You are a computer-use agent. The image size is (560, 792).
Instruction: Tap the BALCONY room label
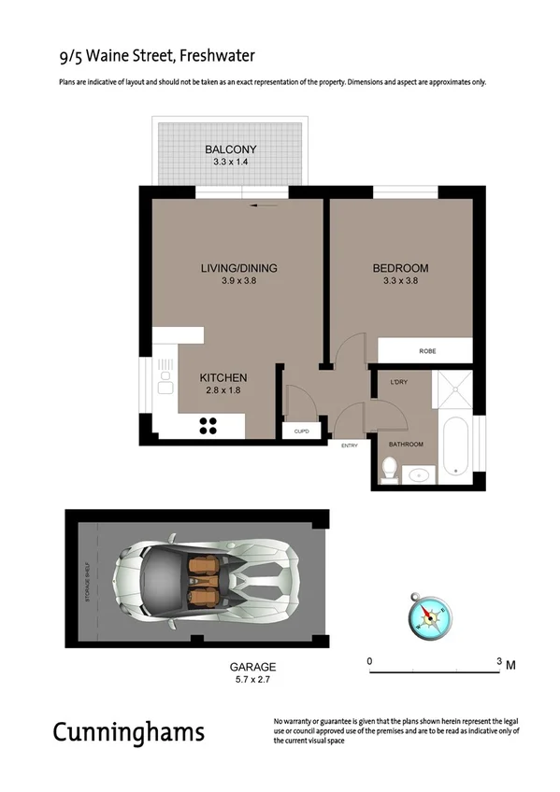[x=230, y=149]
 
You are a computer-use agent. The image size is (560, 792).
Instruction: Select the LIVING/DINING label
[x=239, y=268]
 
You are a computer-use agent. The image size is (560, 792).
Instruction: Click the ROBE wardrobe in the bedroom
[x=427, y=351]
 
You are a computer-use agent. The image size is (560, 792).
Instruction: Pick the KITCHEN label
[x=223, y=377]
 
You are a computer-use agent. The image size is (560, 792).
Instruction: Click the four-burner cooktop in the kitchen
[x=208, y=425]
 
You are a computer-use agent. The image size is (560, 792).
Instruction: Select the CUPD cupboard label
[x=301, y=431]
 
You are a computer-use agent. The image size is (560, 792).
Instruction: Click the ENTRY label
[x=350, y=445]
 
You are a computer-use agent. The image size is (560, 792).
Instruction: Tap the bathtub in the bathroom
[x=457, y=446]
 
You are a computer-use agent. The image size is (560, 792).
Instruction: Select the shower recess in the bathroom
[x=455, y=388]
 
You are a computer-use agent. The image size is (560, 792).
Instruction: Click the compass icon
[x=428, y=615]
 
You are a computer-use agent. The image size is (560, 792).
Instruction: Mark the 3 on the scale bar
[x=498, y=661]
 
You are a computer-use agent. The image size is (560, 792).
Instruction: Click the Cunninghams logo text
[x=128, y=731]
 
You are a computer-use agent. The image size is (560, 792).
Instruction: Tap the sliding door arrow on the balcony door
[x=266, y=204]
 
